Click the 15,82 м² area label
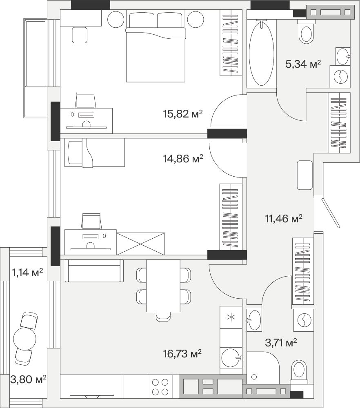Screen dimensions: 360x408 (x=183, y=114)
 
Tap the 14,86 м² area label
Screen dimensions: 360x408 (x=183, y=158)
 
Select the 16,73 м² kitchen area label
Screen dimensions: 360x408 (x=182, y=354)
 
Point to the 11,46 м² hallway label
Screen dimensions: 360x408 (x=284, y=219)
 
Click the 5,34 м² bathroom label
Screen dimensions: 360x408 (x=303, y=64)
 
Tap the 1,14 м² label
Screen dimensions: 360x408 (x=27, y=273)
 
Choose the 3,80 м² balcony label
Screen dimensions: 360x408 (x=28, y=379)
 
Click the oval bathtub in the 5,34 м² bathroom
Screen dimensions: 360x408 (x=261, y=53)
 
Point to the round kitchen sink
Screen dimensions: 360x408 (x=231, y=358)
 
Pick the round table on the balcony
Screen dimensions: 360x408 (x=24, y=339)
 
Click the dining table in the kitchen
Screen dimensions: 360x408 (x=163, y=286)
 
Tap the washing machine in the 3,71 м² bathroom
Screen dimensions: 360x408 (x=303, y=320)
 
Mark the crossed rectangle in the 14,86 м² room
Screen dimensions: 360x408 (x=140, y=244)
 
